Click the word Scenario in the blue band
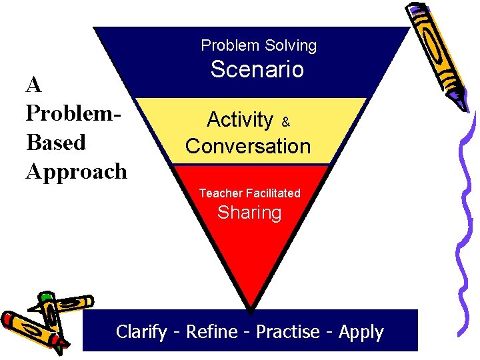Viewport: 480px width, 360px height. click(257, 69)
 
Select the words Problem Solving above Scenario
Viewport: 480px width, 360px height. click(259, 45)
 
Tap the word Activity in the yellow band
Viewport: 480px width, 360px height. click(240, 120)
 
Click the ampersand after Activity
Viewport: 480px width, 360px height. click(285, 123)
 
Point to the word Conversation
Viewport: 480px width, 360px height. click(248, 147)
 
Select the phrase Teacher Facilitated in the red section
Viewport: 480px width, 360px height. click(249, 193)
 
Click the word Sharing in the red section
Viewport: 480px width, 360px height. click(249, 213)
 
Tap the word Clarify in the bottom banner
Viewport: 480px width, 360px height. click(141, 332)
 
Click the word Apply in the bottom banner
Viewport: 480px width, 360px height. click(361, 332)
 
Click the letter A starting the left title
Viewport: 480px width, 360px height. click(34, 85)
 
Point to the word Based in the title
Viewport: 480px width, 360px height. click(56, 143)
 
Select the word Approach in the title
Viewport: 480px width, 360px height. click(76, 171)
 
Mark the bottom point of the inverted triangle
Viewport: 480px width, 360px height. click(251, 311)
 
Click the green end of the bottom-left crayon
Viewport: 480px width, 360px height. click(46, 297)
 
